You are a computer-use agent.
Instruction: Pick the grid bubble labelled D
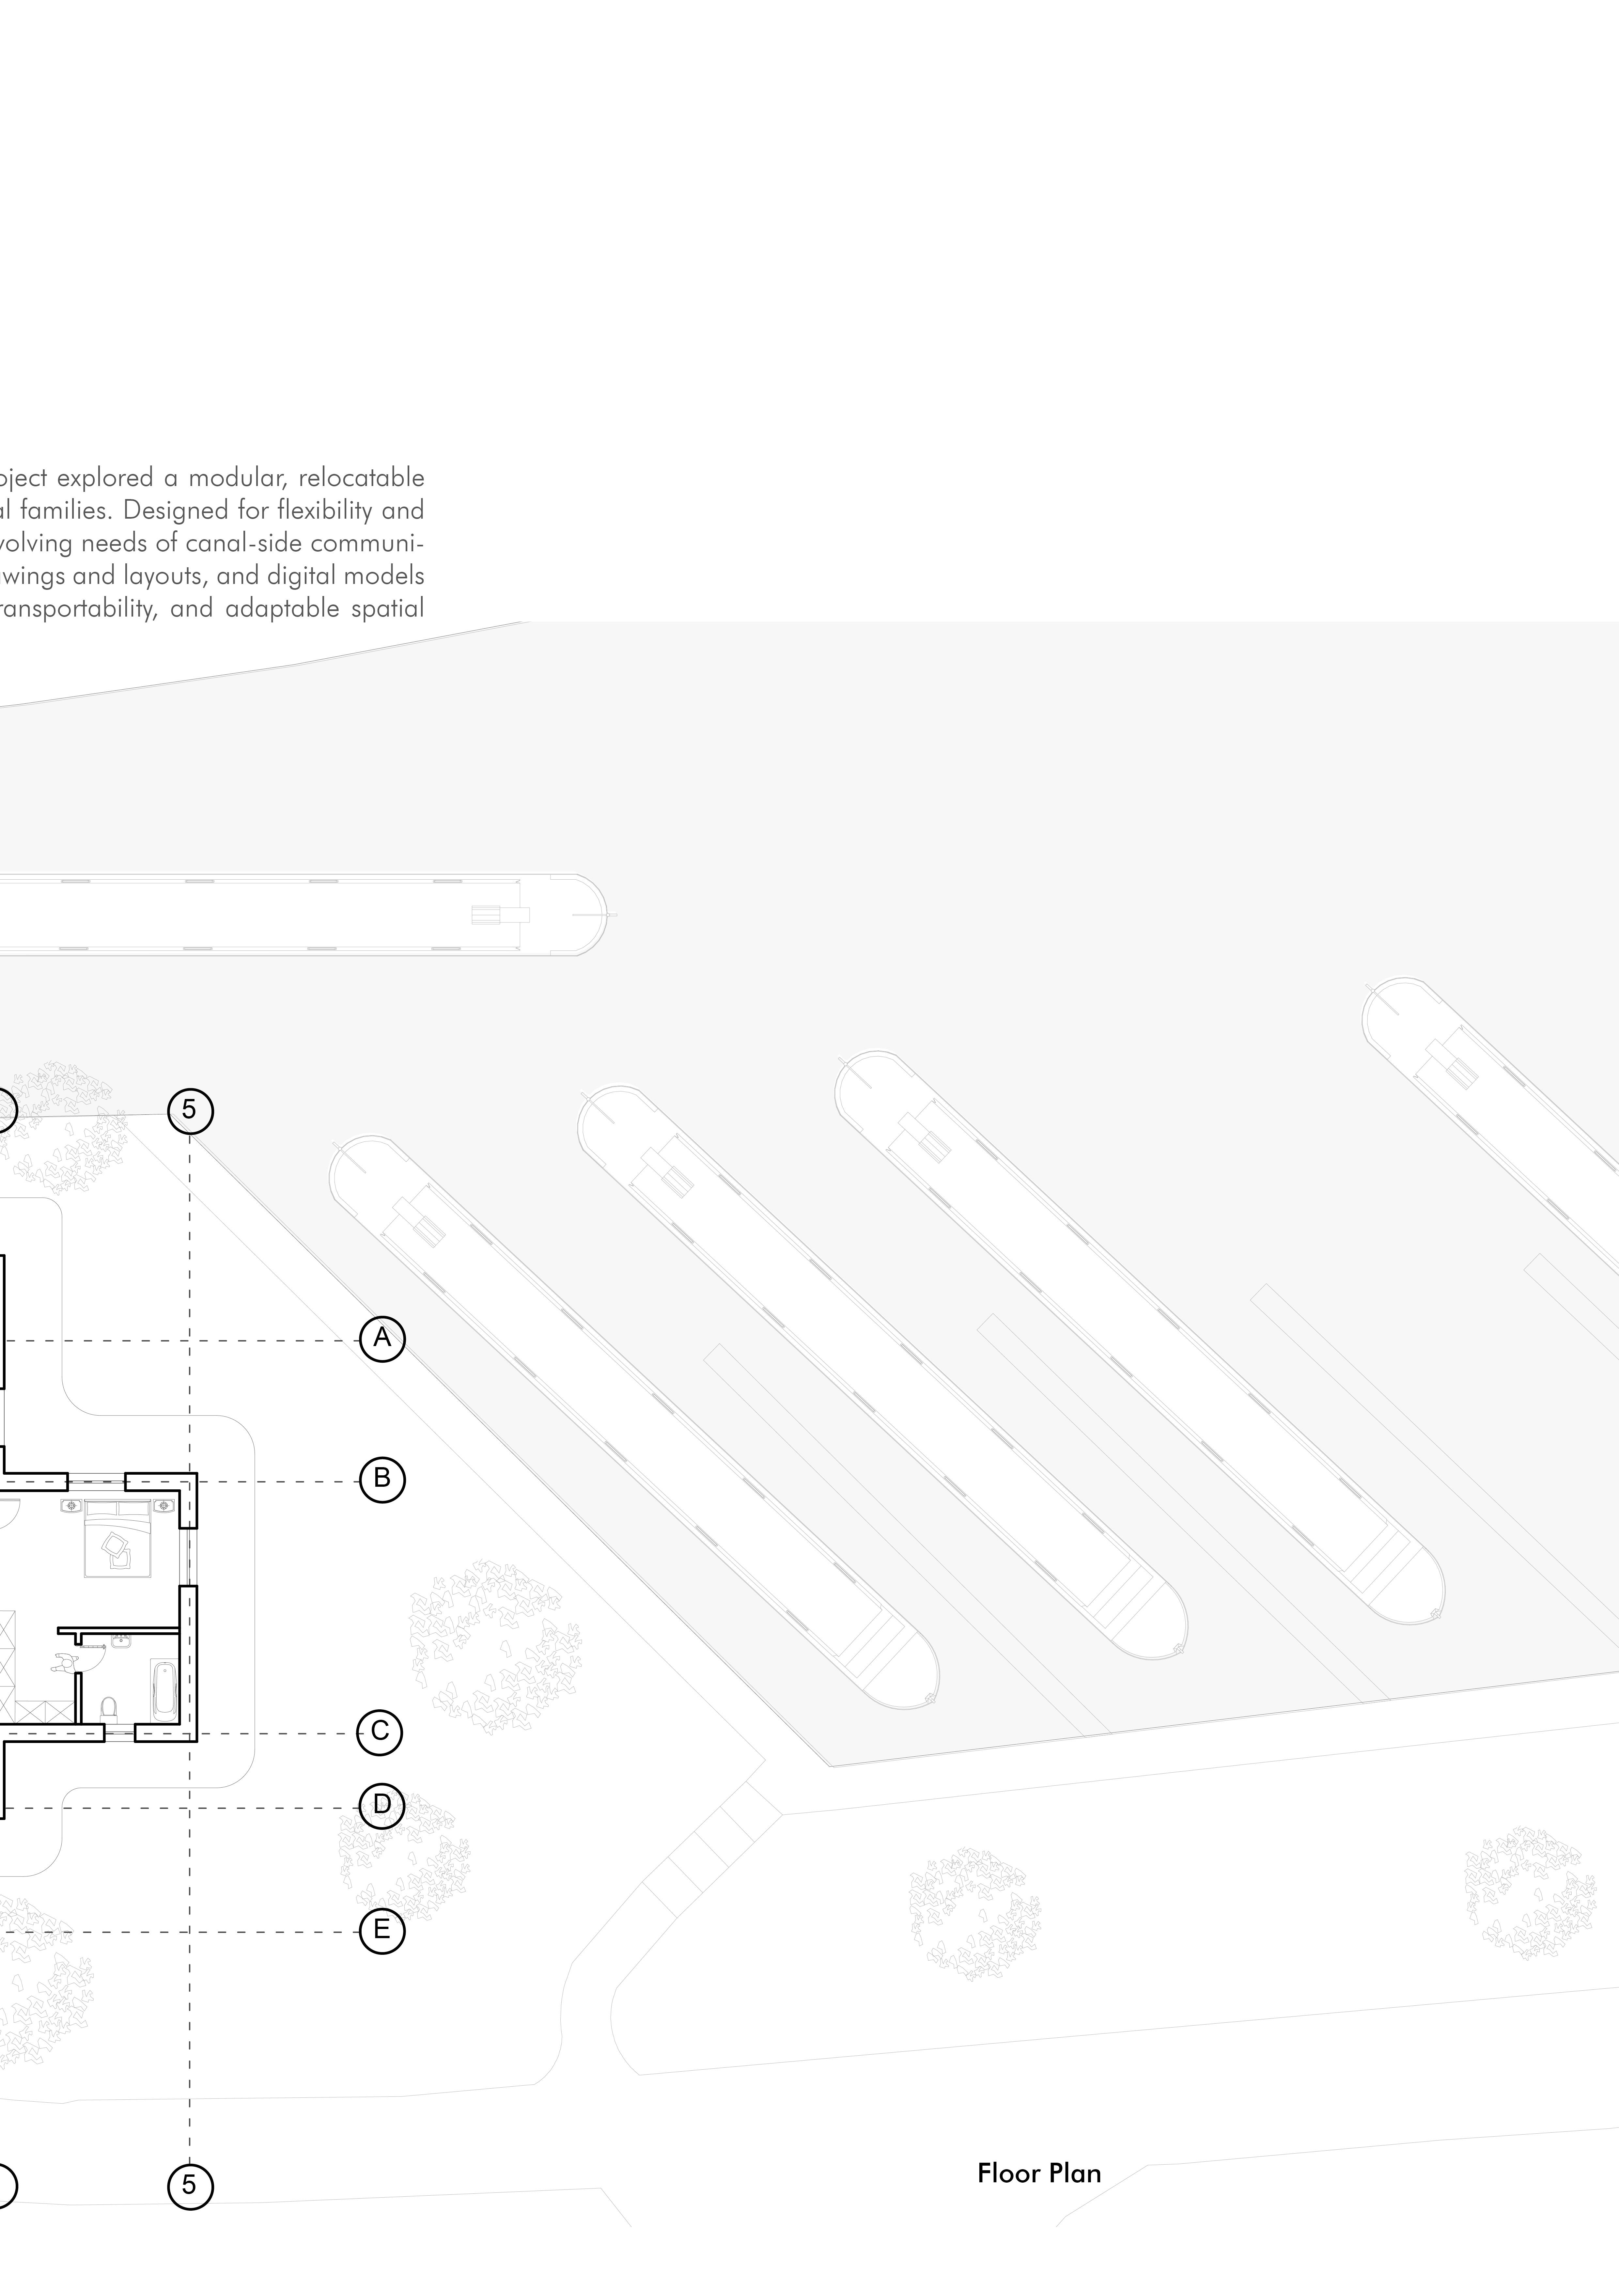tap(382, 1803)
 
